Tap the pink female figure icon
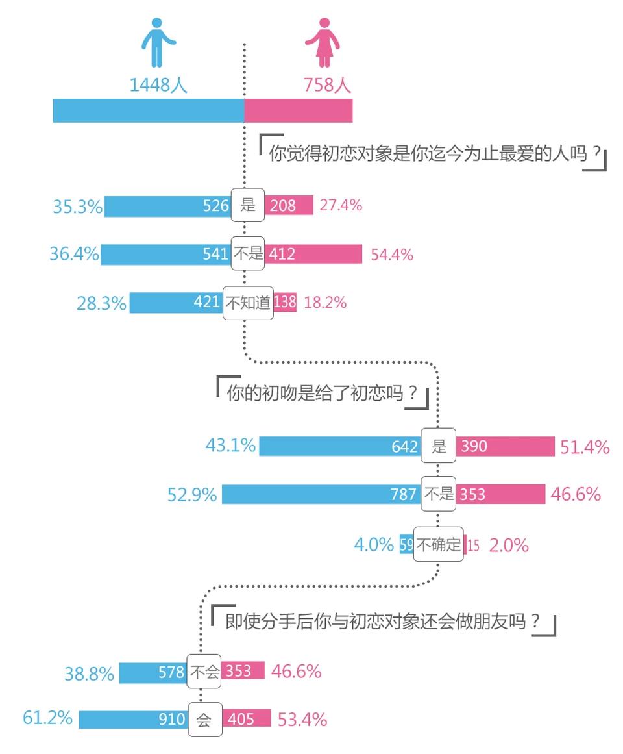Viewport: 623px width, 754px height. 323,42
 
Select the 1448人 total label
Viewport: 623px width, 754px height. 158,85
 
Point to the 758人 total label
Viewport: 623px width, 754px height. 327,85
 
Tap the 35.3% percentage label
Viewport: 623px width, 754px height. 77,207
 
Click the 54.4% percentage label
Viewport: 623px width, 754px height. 392,255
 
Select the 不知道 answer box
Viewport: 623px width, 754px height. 247,303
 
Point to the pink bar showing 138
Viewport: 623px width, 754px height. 285,303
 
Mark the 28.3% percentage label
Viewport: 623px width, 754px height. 101,303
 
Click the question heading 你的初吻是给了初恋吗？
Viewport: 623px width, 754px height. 322,393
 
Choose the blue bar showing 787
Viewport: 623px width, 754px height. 321,494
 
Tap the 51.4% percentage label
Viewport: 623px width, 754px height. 585,447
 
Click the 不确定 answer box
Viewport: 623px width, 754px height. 439,544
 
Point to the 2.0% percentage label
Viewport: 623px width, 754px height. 508,546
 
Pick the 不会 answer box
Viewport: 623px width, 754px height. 204,672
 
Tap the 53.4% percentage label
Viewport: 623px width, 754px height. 302,720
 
